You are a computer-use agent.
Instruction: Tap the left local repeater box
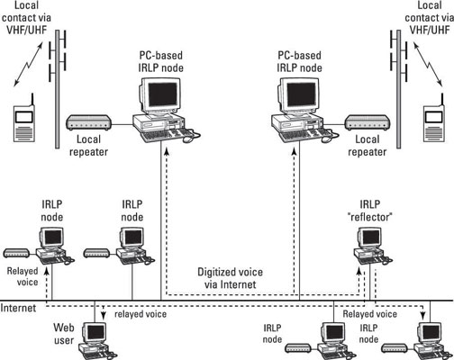coord(89,122)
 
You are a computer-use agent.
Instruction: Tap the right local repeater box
coord(368,122)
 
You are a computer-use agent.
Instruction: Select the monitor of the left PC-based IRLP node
coord(160,96)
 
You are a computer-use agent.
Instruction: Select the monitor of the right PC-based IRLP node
coord(299,96)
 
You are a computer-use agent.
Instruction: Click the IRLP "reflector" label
coord(370,211)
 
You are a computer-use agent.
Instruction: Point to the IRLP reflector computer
coord(372,246)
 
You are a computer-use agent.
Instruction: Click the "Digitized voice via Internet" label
coord(230,278)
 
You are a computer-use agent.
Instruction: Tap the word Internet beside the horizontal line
coord(18,308)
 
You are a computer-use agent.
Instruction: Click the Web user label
coord(64,334)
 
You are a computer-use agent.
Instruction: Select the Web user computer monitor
coord(95,333)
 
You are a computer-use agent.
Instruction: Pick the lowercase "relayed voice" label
coord(141,314)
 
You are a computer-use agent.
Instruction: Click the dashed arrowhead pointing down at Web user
coord(104,315)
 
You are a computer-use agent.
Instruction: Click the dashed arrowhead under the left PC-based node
coord(167,152)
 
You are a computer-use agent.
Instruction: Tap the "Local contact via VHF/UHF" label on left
coord(26,17)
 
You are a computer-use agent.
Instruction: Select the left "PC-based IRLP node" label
coord(161,61)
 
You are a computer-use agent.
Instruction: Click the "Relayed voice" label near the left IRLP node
coord(23,276)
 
